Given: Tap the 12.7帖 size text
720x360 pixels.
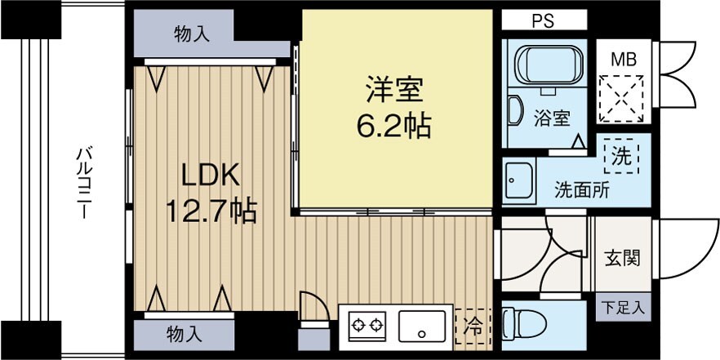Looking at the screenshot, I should point(211,211).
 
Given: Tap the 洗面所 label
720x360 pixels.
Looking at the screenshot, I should point(581,190).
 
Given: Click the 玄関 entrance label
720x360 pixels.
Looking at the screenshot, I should point(622,259).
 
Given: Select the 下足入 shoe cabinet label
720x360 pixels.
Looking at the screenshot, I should point(624,308).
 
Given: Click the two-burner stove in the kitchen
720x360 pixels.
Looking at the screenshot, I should point(367,327).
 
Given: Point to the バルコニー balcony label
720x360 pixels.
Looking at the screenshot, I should point(83,180).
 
